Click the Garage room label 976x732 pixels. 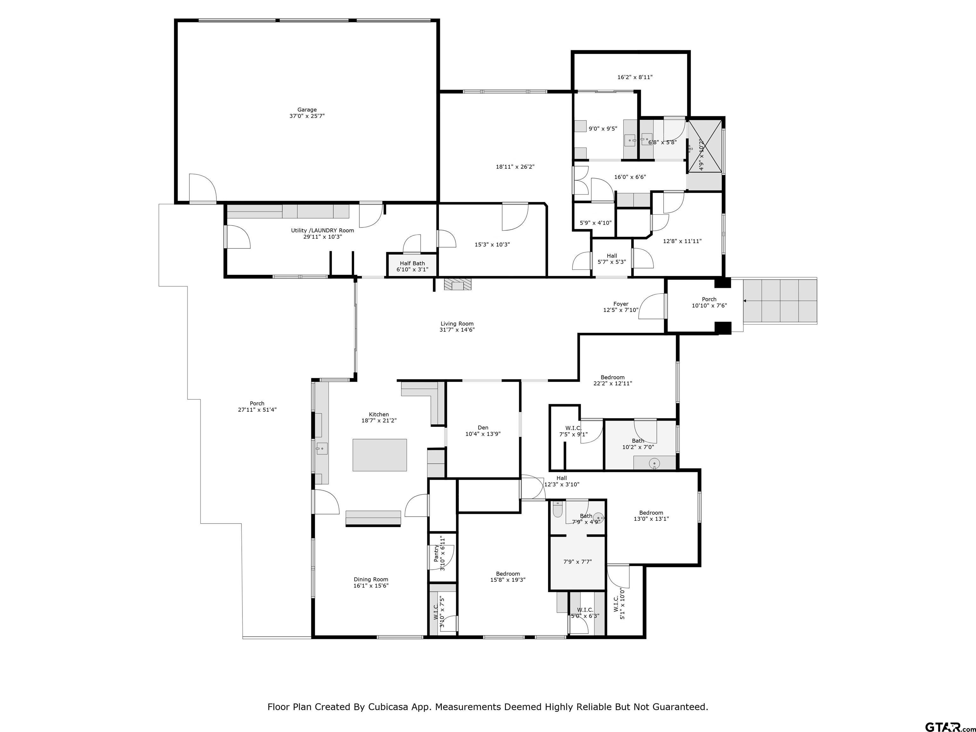[307, 110]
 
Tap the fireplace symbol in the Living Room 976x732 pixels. [457, 285]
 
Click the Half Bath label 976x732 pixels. [412, 263]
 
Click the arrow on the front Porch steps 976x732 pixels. [745, 301]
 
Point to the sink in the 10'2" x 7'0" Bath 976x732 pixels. [654, 463]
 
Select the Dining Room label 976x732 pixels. [371, 579]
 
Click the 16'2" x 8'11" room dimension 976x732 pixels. [634, 77]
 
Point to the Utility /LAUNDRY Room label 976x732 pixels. [322, 230]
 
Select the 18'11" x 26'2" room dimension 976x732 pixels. [515, 167]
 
